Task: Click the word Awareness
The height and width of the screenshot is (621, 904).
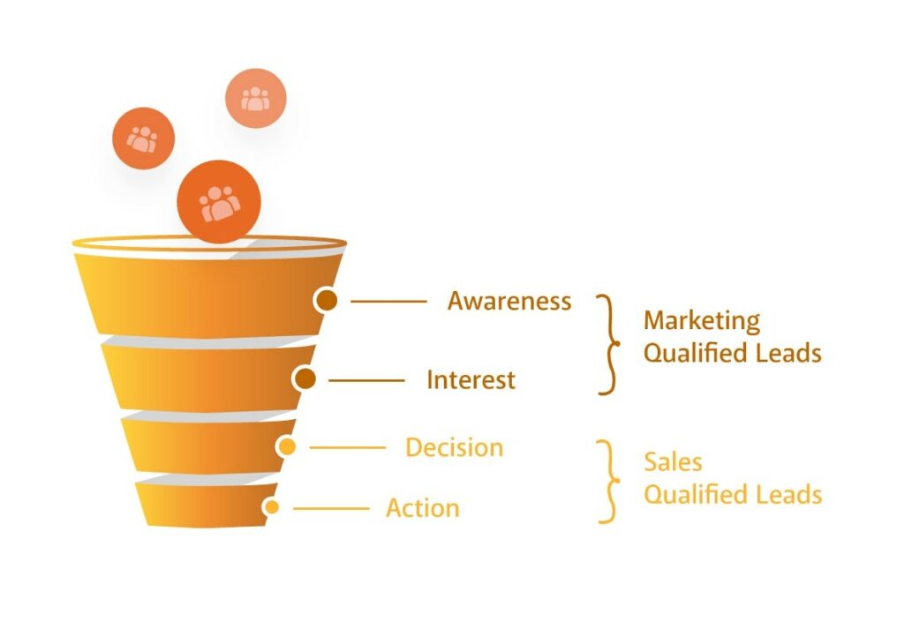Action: pyautogui.click(x=509, y=301)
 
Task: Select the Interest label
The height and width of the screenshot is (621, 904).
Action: pyautogui.click(x=471, y=380)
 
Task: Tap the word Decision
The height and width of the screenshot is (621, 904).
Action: pyautogui.click(x=455, y=447)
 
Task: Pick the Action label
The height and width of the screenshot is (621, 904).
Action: pyautogui.click(x=423, y=508)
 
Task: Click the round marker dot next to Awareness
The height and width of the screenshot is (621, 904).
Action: pyautogui.click(x=327, y=300)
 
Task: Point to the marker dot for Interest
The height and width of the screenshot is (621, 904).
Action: pyautogui.click(x=305, y=379)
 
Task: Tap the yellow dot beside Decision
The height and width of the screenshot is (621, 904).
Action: pyautogui.click(x=286, y=446)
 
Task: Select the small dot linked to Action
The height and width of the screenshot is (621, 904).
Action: pyautogui.click(x=272, y=507)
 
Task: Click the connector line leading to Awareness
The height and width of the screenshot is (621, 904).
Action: pyautogui.click(x=388, y=302)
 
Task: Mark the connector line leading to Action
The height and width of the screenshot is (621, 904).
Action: pyautogui.click(x=331, y=509)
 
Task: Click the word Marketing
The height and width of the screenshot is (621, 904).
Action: pyautogui.click(x=702, y=321)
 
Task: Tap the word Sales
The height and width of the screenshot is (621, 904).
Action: pyautogui.click(x=673, y=462)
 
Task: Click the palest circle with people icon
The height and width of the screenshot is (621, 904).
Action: pyautogui.click(x=255, y=99)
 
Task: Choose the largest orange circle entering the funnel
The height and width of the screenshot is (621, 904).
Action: pyautogui.click(x=219, y=202)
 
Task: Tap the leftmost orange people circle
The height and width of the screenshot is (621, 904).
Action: pyautogui.click(x=144, y=138)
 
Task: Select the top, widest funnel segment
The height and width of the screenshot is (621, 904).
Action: pyautogui.click(x=207, y=295)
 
